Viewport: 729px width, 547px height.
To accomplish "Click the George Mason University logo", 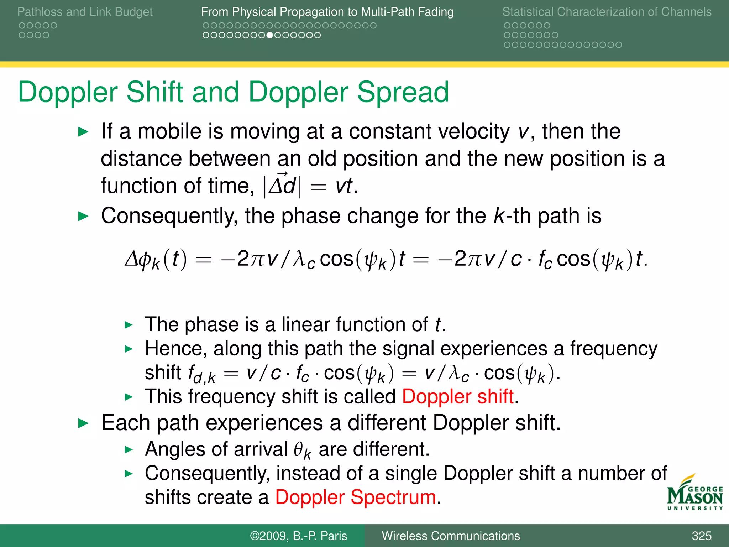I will pos(694,493).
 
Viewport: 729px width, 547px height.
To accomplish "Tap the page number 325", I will pos(701,536).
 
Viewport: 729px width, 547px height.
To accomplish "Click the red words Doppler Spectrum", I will pos(355,497).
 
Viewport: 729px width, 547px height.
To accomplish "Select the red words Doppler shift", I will pos(458,396).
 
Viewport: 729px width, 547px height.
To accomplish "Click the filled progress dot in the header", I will pos(270,35).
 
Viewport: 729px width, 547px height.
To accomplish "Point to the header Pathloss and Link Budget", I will pos(85,12).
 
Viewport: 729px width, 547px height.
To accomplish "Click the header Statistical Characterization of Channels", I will pos(607,12).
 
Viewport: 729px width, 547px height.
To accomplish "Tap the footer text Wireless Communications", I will pos(451,536).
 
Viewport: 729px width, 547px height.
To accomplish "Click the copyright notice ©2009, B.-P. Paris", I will pos(298,536).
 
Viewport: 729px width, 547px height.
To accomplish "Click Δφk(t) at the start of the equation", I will pos(156,259).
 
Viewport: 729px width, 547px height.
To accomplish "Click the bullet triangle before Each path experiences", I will pos(83,423).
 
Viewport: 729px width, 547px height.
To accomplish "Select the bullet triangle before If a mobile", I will pos(83,132).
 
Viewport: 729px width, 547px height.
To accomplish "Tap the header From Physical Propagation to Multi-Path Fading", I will pos(327,12).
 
